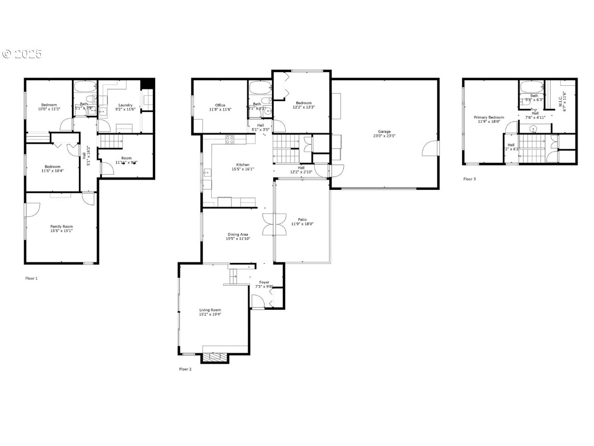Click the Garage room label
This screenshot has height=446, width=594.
pos(384,134)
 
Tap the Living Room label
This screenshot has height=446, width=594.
pos(210,312)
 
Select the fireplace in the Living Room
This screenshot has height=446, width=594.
pos(216,358)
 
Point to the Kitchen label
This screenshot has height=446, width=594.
pos(242,167)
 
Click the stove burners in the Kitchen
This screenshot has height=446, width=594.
pos(230,139)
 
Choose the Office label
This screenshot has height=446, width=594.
pos(220,107)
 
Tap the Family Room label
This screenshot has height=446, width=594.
pos(62,228)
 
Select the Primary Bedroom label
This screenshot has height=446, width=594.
pos(489,119)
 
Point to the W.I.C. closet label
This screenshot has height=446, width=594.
pos(562,102)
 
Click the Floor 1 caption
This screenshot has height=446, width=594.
pos(32,278)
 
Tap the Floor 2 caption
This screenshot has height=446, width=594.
pos(185,369)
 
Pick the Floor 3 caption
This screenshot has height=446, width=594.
pos(469,179)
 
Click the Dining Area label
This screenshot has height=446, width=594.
pos(237,236)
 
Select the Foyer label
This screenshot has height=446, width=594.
pos(264,284)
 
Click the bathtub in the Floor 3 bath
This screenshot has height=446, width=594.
pos(530,87)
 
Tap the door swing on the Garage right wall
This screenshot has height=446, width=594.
pos(430,148)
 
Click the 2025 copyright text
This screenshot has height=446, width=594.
pos(22,54)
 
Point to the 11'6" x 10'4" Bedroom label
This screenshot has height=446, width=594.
pos(52,168)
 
